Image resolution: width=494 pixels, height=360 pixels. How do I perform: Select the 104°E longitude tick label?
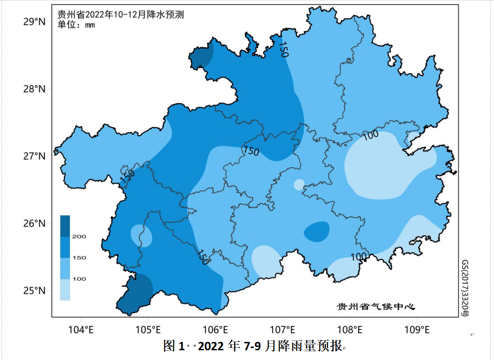pos(81,330)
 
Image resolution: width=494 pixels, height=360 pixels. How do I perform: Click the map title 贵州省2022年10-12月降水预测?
pos(120,15)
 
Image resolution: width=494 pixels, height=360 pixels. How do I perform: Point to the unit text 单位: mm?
pos(76,25)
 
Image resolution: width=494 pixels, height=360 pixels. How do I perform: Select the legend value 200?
pos(79,237)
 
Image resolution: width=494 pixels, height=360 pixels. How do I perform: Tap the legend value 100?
pos(79,279)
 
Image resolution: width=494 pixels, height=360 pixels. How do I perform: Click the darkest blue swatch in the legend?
pos(65,226)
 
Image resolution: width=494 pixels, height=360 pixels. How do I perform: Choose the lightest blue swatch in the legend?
pos(65,290)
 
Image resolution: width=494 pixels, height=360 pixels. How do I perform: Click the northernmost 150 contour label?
pos(283,49)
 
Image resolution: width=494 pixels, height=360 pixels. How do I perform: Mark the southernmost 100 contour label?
pos(359,256)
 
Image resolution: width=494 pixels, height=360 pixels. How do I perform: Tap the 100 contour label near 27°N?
pos(370,135)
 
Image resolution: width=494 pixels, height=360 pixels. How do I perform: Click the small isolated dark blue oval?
pos(317,232)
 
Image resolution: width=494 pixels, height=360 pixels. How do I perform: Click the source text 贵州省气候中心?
pos(375,307)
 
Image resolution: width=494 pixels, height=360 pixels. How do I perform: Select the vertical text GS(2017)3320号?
pos(465,287)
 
